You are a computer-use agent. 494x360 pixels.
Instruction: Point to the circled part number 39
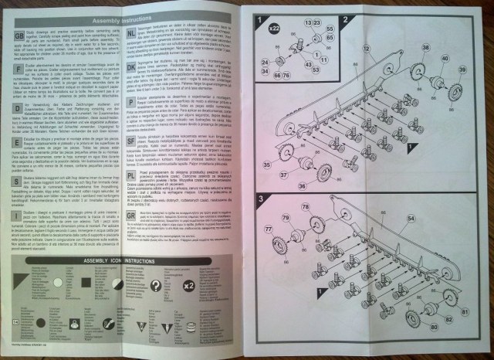pos(462,93)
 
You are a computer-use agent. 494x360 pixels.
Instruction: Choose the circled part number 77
pos(269,229)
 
